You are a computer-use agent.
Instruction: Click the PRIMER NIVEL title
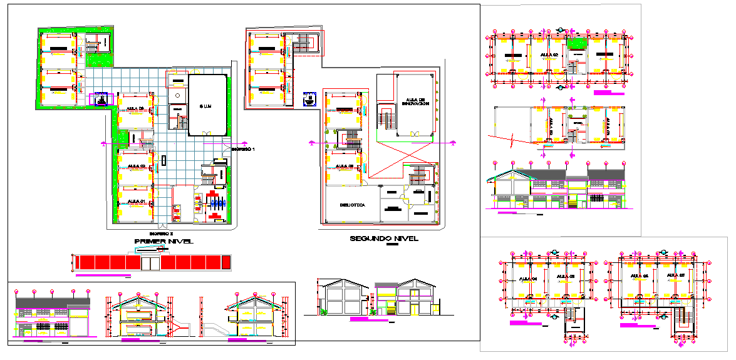click(163, 241)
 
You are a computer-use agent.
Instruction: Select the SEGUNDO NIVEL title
click(384, 239)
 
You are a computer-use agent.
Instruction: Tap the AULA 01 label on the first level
click(136, 200)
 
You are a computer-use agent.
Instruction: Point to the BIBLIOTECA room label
click(352, 205)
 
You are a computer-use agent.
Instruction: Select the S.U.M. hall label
click(207, 106)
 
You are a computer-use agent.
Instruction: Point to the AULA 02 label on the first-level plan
click(136, 166)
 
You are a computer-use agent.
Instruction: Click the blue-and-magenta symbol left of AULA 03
click(100, 100)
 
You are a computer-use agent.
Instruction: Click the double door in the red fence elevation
click(150, 262)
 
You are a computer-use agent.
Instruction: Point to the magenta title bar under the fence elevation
click(103, 275)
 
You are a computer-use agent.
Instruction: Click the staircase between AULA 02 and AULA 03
click(145, 145)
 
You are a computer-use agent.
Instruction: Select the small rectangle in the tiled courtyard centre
click(163, 159)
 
